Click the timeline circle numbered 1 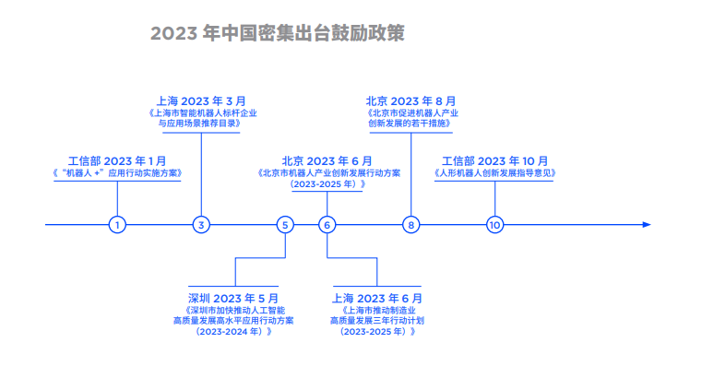click(x=117, y=224)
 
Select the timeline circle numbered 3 click(x=202, y=224)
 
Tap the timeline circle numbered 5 click(x=286, y=224)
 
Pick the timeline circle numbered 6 click(x=327, y=224)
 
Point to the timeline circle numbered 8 click(x=411, y=224)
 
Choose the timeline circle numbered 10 click(x=495, y=224)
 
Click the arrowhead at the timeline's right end click(x=646, y=224)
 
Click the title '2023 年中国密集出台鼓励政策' click(x=278, y=33)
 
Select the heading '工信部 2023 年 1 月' click(x=118, y=159)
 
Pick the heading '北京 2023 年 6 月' click(x=327, y=159)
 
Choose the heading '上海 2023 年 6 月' click(x=377, y=298)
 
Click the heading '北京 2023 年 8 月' click(x=411, y=100)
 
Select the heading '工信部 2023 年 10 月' click(x=494, y=159)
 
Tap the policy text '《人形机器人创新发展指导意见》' click(x=494, y=172)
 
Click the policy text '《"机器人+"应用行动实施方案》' click(x=117, y=172)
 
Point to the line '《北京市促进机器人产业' click(x=411, y=112)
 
